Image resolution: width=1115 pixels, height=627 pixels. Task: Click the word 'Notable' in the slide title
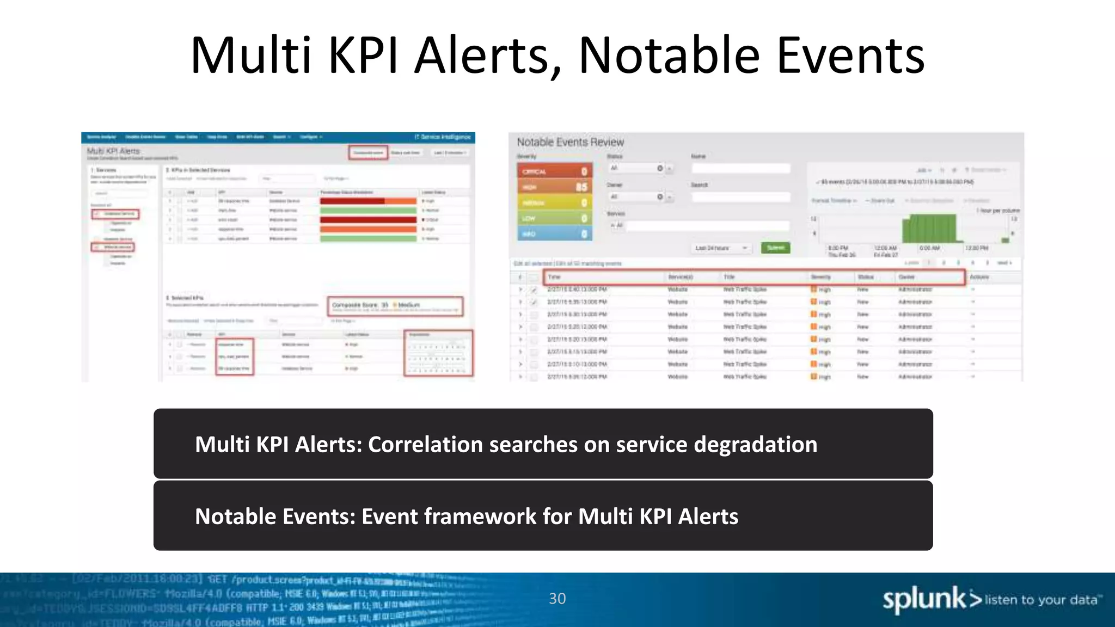pos(670,56)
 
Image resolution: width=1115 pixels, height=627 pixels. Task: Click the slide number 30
pos(557,599)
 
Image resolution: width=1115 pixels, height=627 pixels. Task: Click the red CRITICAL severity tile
pos(554,171)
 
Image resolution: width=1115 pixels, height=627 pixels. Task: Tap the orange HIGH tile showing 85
pos(554,187)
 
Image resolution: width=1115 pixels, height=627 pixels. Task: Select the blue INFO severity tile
pos(554,234)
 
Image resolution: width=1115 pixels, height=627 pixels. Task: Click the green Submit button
pos(775,248)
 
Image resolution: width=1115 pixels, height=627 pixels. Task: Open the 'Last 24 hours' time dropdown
pos(720,248)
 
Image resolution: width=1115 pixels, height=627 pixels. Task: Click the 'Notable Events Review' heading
pos(570,143)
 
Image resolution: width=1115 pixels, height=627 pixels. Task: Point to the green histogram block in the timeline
pos(929,229)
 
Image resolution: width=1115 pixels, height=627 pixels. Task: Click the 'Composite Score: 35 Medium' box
pos(395,306)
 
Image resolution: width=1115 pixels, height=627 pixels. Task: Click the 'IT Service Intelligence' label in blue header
pos(442,137)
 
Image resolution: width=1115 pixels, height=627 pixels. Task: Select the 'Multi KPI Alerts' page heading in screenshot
pos(114,151)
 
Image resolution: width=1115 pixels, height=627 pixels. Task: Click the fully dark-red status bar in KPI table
pos(368,220)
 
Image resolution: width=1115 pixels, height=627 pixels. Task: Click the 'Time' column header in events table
pos(554,277)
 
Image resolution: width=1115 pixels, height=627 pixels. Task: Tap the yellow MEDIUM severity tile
pos(554,202)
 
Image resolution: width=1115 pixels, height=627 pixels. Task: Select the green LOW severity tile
pos(554,218)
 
